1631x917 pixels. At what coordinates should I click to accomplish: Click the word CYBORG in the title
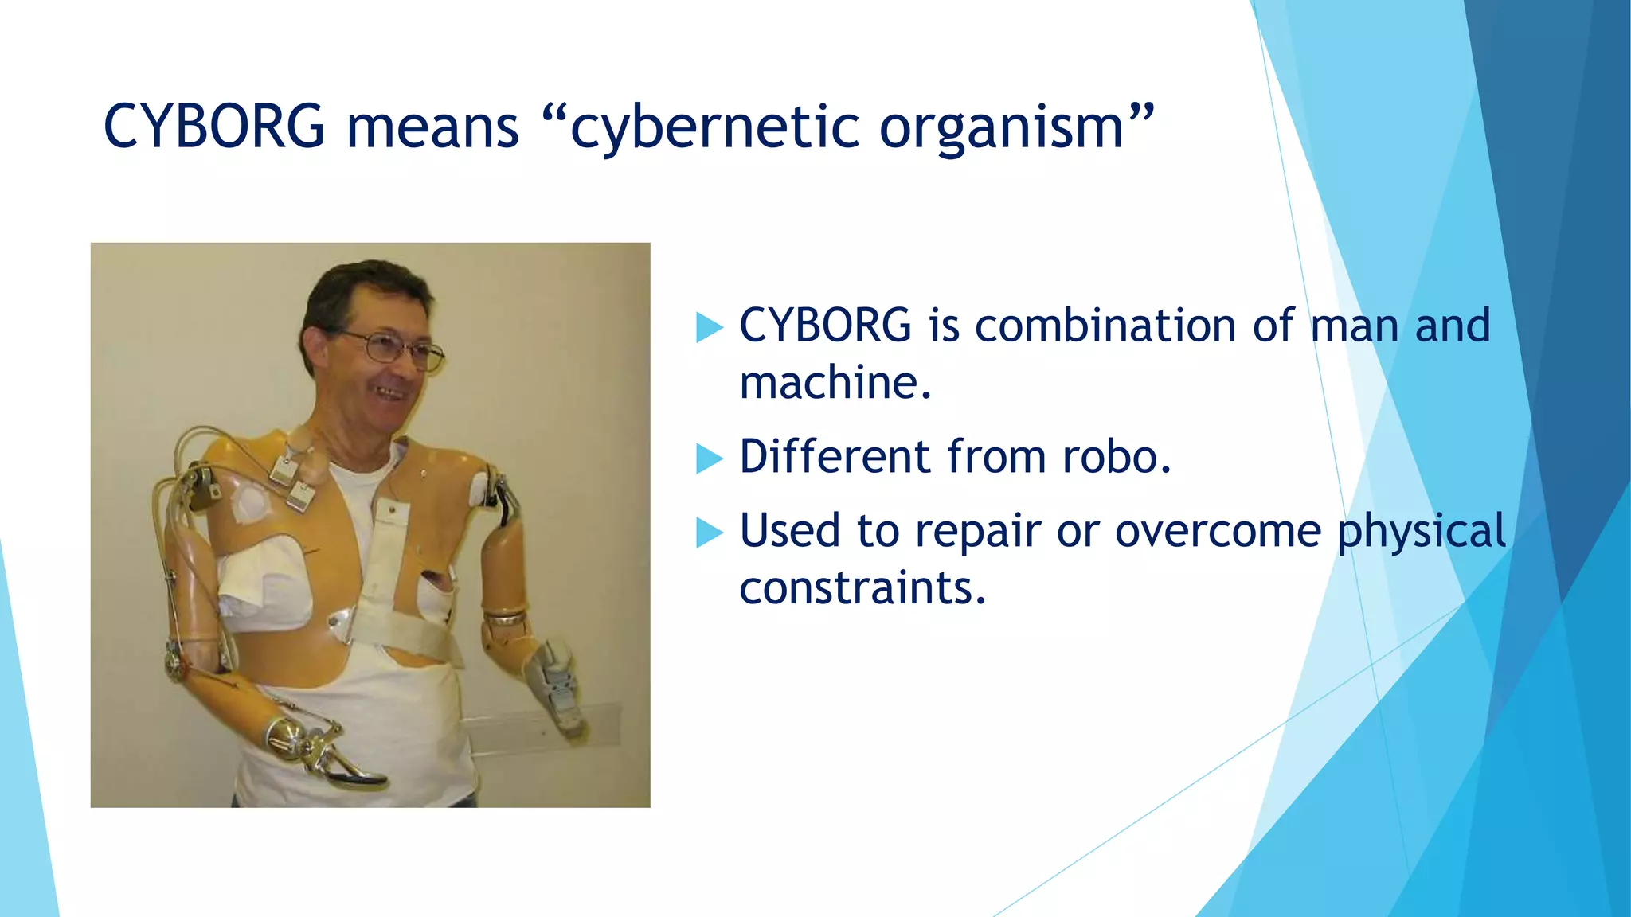[214, 127]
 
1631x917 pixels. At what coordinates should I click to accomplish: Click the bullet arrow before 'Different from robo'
[708, 458]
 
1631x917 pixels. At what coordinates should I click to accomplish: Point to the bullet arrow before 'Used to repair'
[708, 533]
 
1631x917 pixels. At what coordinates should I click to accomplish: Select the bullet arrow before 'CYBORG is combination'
[708, 327]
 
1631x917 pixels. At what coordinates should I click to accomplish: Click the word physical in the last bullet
[1421, 531]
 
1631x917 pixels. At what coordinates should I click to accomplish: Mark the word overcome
[1218, 531]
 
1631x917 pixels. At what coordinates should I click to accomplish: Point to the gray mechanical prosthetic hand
[557, 685]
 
